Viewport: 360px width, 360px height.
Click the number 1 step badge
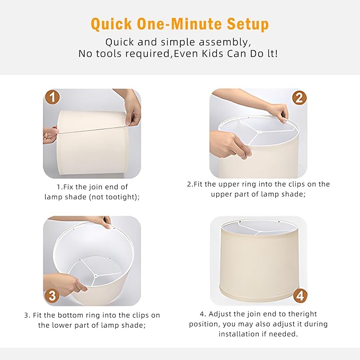click(x=52, y=97)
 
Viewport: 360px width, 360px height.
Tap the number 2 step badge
click(x=299, y=98)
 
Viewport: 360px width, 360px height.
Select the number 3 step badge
click(x=52, y=295)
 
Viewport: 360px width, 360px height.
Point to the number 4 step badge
click(x=300, y=296)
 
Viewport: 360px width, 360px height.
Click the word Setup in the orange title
click(x=248, y=24)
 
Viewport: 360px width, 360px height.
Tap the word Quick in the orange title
click(x=111, y=24)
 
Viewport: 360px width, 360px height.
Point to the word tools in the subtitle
click(x=109, y=54)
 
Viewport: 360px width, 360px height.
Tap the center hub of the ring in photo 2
click(x=259, y=132)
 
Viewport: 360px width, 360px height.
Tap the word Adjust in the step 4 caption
click(x=220, y=314)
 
